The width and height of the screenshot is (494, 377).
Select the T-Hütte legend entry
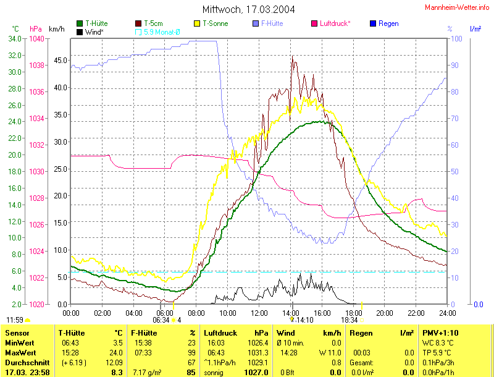coord(94,23)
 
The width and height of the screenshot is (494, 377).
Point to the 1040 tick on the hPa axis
coord(36,39)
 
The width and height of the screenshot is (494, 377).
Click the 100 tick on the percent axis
coord(457,39)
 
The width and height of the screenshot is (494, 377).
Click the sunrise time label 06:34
coord(161,320)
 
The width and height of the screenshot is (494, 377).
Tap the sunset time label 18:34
coord(349,320)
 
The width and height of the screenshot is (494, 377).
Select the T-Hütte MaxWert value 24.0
coord(116,352)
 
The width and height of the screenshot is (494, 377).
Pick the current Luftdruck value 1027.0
coord(256,373)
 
